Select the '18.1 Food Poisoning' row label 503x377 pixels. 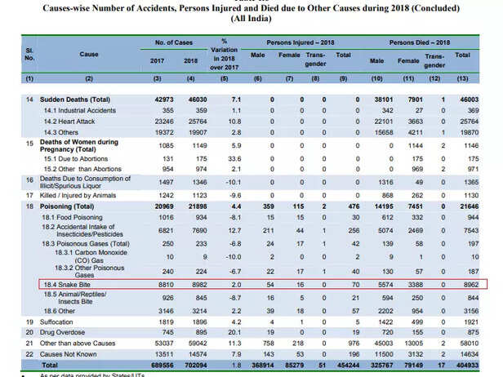point(75,218)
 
